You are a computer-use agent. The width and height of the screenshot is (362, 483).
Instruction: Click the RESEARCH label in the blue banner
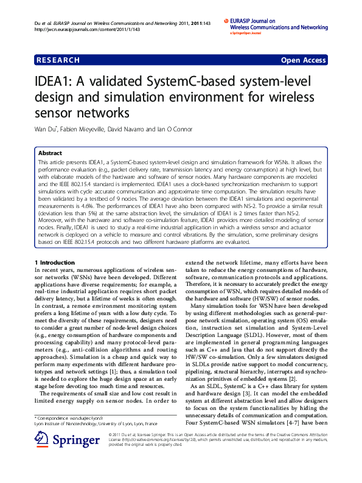[x=58, y=60]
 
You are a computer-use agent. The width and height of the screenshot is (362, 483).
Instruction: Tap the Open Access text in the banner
[x=303, y=60]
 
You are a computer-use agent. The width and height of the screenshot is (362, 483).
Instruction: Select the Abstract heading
[x=50, y=153]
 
